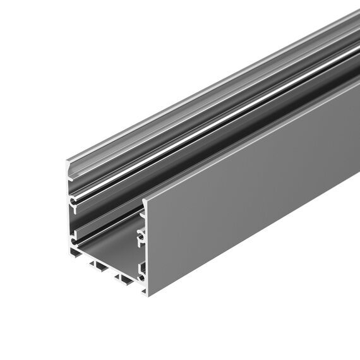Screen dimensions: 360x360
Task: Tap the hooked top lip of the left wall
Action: coord(71,167)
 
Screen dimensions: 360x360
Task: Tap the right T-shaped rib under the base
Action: coord(121,275)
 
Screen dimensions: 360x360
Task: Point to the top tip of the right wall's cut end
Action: coord(145,201)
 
